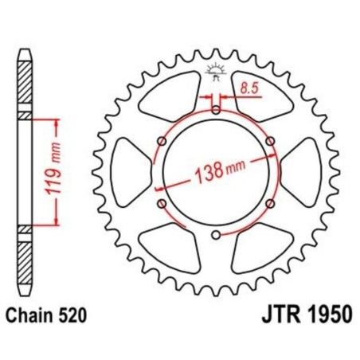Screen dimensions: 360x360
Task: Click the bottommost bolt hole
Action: tap(217, 234)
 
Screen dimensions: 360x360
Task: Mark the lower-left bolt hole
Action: tap(162, 203)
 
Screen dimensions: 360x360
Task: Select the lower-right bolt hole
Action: tap(271, 203)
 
